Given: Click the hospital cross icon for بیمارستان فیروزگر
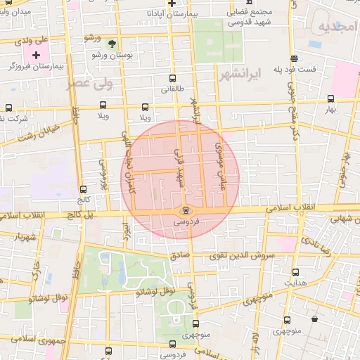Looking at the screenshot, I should click(36, 54).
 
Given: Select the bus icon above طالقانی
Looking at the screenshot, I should click(172, 79).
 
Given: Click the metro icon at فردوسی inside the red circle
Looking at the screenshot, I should click(185, 210).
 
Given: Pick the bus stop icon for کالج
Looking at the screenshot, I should click(84, 189).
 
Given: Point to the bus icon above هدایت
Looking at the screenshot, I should click(295, 271).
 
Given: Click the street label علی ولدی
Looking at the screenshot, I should click(31, 42).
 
